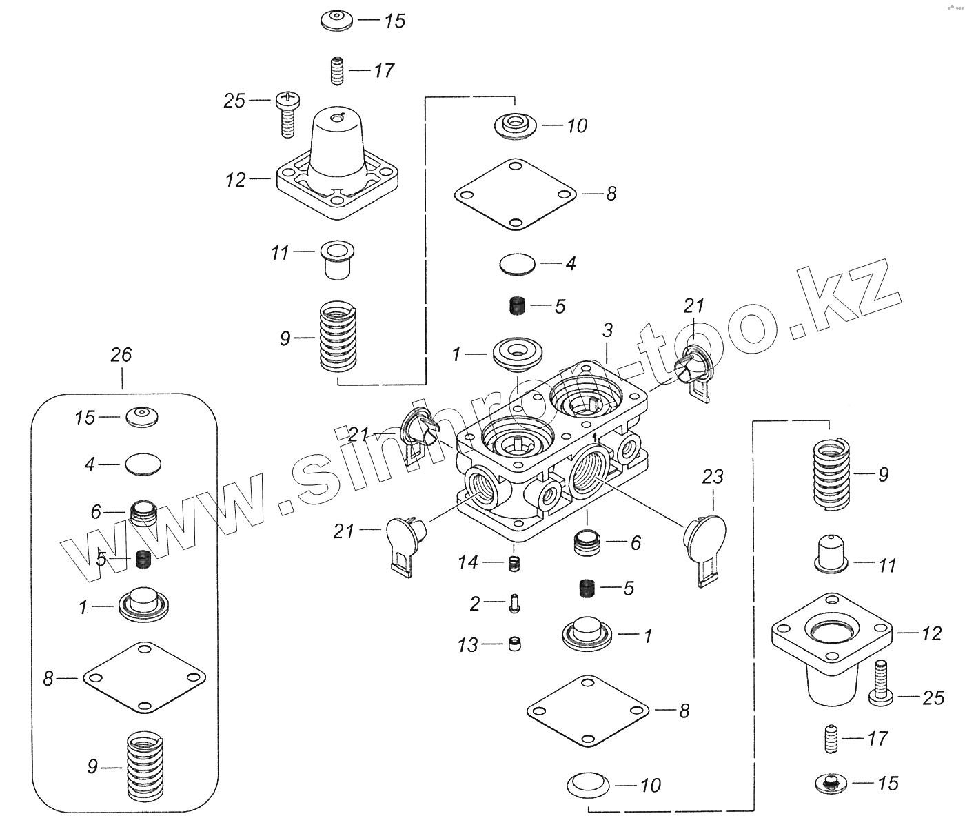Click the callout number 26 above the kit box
(x=121, y=356)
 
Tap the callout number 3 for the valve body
(x=607, y=330)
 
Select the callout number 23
(x=713, y=476)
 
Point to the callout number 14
(x=468, y=562)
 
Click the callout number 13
(x=467, y=645)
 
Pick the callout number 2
(x=474, y=604)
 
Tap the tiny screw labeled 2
(x=514, y=604)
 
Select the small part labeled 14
(x=513, y=562)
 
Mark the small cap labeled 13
(x=514, y=644)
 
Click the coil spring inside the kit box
(x=146, y=767)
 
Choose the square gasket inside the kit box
(x=144, y=678)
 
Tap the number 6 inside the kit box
(x=96, y=511)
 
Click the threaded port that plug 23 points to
(x=590, y=469)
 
